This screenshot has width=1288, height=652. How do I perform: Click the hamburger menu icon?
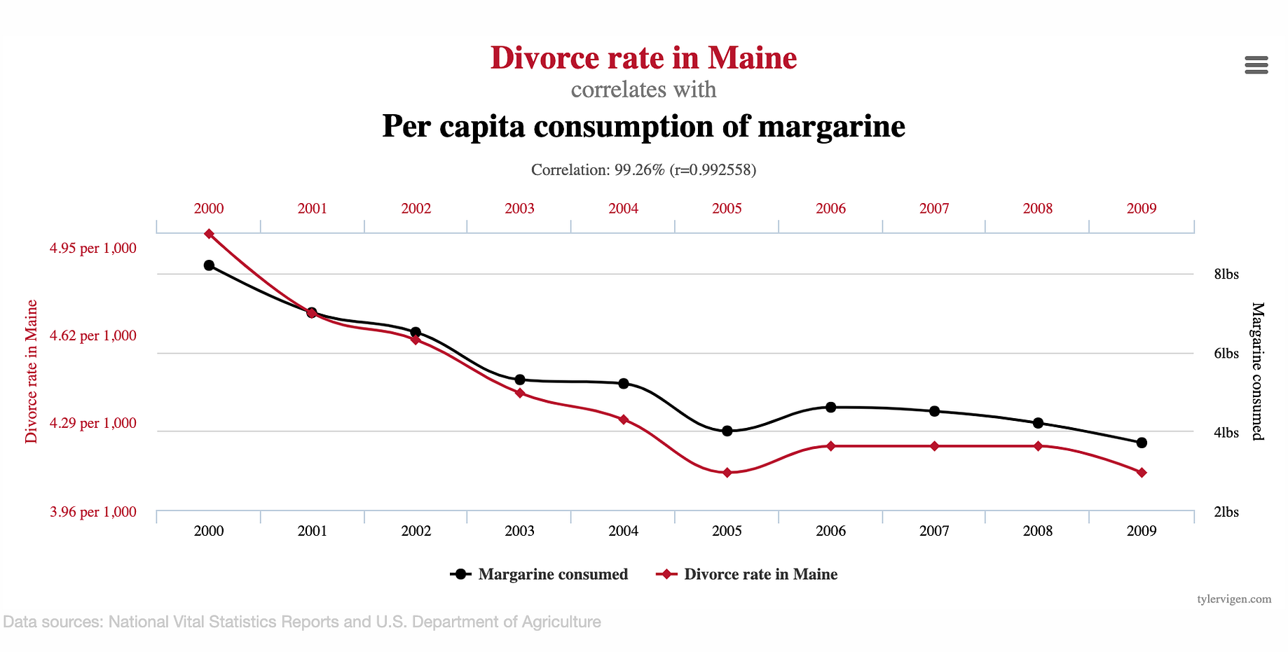point(1256,65)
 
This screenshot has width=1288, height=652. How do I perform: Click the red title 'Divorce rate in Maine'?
point(643,57)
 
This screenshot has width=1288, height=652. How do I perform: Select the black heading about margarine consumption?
point(643,126)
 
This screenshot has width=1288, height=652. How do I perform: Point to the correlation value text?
point(643,169)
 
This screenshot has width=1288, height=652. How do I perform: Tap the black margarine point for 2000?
point(209,265)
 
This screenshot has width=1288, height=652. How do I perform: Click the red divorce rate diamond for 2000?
point(209,234)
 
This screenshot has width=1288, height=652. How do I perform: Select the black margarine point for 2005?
point(727,431)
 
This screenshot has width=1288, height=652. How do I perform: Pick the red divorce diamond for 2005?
point(727,473)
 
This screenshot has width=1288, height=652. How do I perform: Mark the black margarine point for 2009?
point(1142,443)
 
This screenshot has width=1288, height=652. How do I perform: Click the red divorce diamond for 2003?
point(520,393)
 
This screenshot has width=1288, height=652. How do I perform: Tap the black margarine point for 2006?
point(830,407)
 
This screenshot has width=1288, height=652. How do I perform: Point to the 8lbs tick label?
point(1226,274)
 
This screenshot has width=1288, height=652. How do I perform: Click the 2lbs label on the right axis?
point(1226,512)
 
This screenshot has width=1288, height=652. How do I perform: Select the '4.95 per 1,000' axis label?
point(93,248)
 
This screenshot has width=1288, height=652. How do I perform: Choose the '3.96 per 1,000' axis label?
point(93,512)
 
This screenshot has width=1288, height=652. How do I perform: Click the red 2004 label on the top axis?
point(623,208)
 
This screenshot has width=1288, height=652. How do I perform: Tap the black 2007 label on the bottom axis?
point(934,531)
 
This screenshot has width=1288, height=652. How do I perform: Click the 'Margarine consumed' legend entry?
point(540,574)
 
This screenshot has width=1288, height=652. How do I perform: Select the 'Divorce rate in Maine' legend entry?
point(748,574)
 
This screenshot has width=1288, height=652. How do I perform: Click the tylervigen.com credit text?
point(1233,599)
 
